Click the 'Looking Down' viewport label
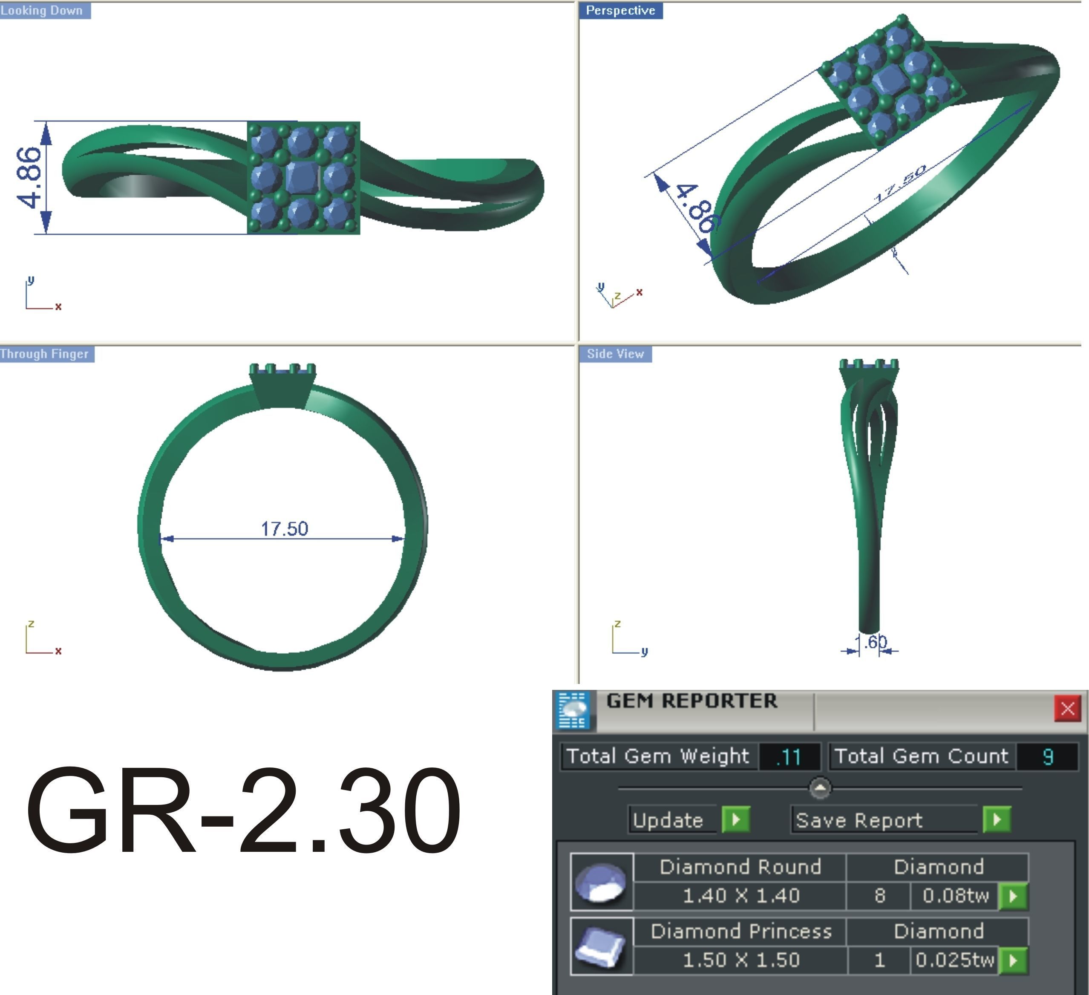point(42,10)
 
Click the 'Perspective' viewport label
point(620,10)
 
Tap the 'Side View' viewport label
point(615,354)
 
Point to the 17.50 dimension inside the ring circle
point(284,528)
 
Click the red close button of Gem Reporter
point(1067,708)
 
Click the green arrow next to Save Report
point(996,819)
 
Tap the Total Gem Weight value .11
point(789,757)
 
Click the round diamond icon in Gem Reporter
point(601,882)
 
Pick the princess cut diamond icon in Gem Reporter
point(601,946)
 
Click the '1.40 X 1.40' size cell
point(740,896)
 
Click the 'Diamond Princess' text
point(740,931)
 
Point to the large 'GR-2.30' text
point(243,810)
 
